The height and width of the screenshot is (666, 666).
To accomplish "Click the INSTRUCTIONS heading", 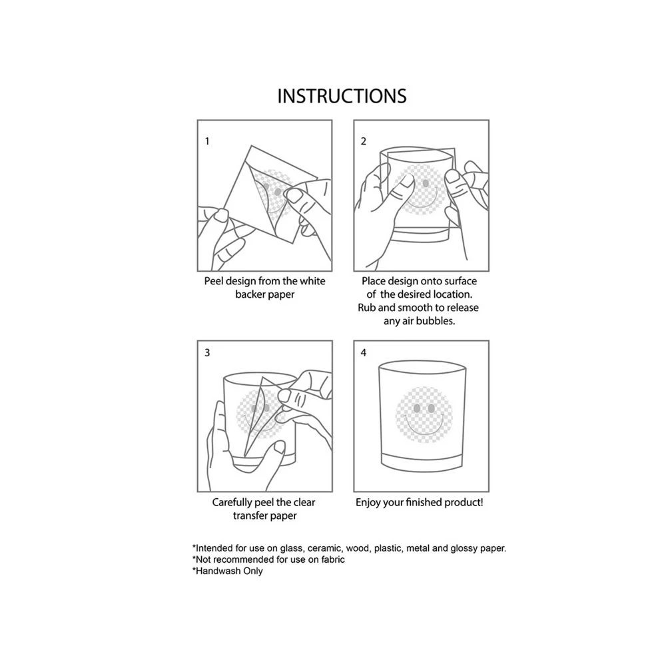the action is pyautogui.click(x=342, y=97).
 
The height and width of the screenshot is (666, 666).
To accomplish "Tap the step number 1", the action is pyautogui.click(x=207, y=141).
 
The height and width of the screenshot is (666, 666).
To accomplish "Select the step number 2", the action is pyautogui.click(x=364, y=141).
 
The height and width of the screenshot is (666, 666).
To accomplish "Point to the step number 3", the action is pyautogui.click(x=207, y=352).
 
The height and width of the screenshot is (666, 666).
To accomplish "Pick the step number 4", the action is pyautogui.click(x=364, y=352).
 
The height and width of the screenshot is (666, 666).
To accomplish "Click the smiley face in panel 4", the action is pyautogui.click(x=424, y=415).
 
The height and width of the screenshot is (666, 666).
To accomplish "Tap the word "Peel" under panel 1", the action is pyautogui.click(x=214, y=281).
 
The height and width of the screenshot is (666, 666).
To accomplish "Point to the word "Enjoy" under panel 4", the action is pyautogui.click(x=368, y=503).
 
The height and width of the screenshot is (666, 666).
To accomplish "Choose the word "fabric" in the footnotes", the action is pyautogui.click(x=333, y=560).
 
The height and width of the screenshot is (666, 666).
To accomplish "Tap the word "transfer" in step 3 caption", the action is pyautogui.click(x=250, y=516).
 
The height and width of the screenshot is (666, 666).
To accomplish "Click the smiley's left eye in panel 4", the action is pyautogui.click(x=417, y=408).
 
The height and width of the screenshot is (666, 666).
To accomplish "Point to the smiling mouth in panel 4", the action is pyautogui.click(x=424, y=426).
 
